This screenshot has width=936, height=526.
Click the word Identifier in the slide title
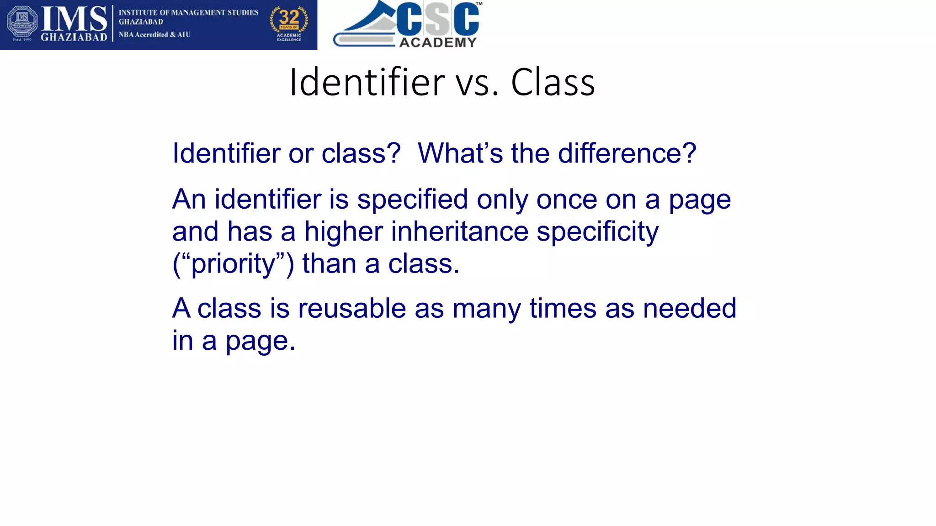[x=367, y=82]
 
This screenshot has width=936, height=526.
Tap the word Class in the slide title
[x=553, y=82]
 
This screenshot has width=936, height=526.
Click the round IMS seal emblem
[x=22, y=23]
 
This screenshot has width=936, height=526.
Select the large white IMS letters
[x=74, y=19]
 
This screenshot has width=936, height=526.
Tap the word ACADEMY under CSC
[x=438, y=42]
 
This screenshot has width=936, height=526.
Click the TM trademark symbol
[x=479, y=4]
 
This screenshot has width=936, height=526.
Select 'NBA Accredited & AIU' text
[x=154, y=35]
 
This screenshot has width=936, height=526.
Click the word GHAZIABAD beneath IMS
[x=74, y=37]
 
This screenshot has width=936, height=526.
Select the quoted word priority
[x=233, y=264]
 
